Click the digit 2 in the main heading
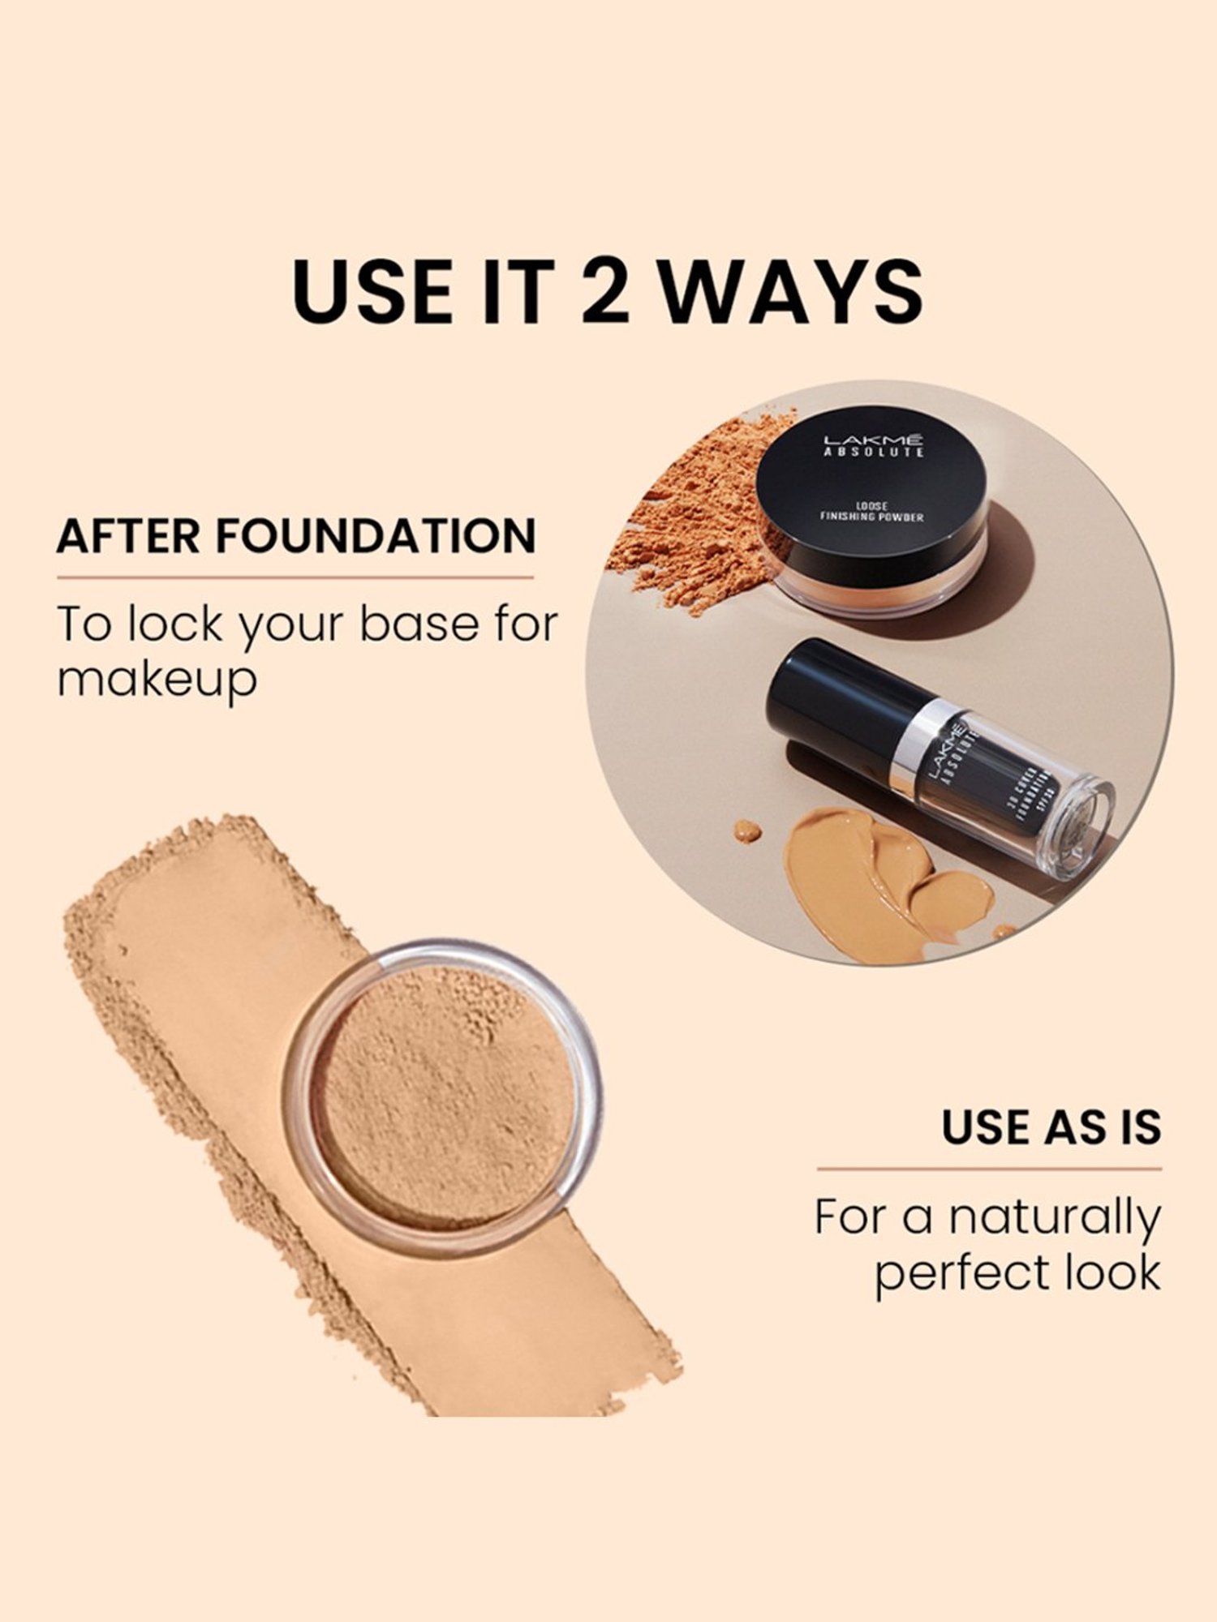pyautogui.click(x=604, y=290)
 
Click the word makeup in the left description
pyautogui.click(x=157, y=680)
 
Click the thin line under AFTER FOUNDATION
pyautogui.click(x=295, y=578)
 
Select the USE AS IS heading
pyautogui.click(x=1051, y=1127)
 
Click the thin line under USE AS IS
pyautogui.click(x=988, y=1169)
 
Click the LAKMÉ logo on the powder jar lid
pyautogui.click(x=873, y=440)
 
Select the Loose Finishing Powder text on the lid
pyautogui.click(x=871, y=512)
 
